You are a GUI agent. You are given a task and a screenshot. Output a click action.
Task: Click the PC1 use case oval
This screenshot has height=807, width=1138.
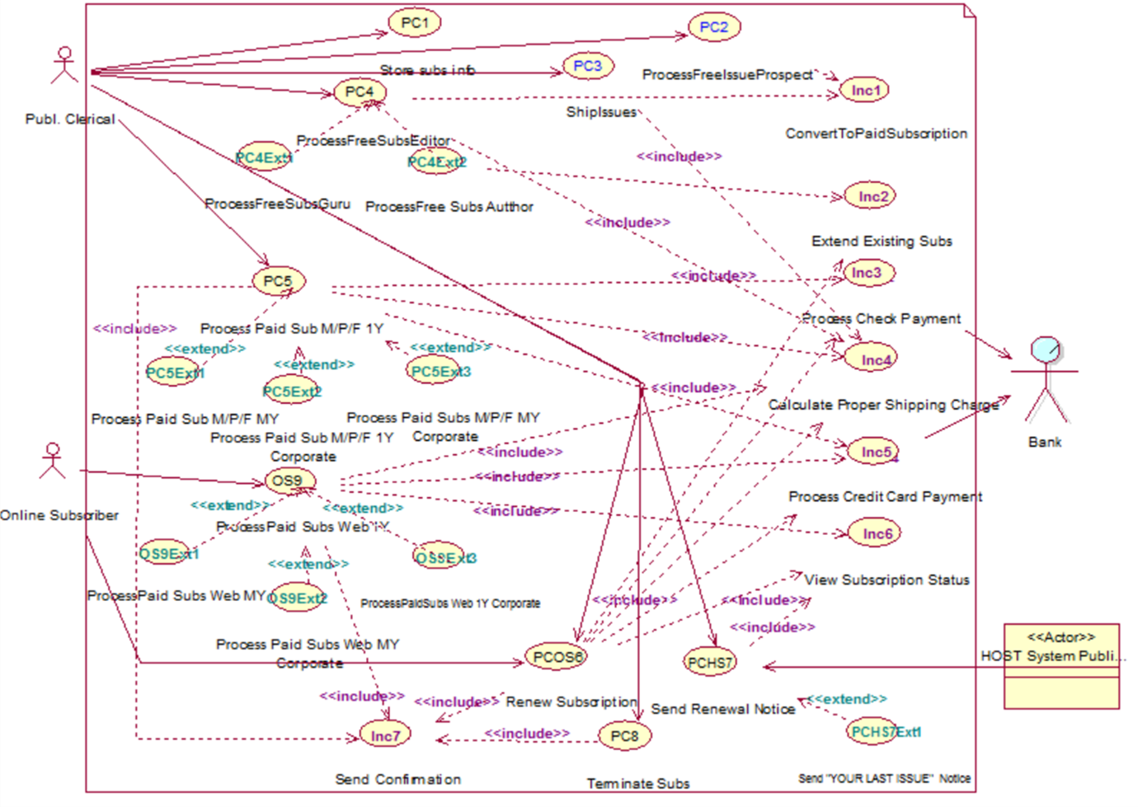tap(414, 22)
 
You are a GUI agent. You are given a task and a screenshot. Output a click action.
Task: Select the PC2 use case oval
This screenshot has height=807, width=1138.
tap(713, 27)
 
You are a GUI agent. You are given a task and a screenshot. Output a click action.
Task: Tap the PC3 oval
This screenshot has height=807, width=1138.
tap(587, 66)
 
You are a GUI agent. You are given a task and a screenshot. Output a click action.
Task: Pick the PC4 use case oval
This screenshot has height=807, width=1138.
tap(360, 91)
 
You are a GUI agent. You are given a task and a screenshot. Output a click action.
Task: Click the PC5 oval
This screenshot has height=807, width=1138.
tap(278, 281)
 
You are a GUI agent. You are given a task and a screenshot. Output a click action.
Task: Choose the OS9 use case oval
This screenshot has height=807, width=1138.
tap(288, 481)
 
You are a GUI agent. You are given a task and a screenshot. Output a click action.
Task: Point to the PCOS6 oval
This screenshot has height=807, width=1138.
tap(558, 657)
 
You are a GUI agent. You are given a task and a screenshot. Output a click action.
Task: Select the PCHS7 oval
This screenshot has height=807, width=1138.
tap(710, 662)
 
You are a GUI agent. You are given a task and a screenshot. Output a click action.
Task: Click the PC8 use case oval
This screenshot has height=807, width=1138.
tap(624, 736)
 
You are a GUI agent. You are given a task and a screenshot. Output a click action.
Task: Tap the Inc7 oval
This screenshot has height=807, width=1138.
tap(385, 736)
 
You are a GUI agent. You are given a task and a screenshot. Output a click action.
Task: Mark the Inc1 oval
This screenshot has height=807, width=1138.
tap(865, 91)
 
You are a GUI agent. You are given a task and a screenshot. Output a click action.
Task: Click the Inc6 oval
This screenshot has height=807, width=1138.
tap(877, 534)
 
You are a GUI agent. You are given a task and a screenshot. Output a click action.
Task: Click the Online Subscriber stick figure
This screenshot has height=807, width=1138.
tap(53, 462)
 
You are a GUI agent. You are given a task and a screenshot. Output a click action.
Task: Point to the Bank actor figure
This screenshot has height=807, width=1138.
tap(1046, 379)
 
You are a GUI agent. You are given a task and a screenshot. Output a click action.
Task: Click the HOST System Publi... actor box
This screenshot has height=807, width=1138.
tap(1061, 666)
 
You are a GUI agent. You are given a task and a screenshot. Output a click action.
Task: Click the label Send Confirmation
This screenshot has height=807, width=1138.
tap(397, 779)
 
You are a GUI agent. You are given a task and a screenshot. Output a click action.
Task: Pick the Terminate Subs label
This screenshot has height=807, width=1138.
tap(638, 783)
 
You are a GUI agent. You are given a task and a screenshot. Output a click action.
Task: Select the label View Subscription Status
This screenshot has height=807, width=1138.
tap(886, 580)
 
